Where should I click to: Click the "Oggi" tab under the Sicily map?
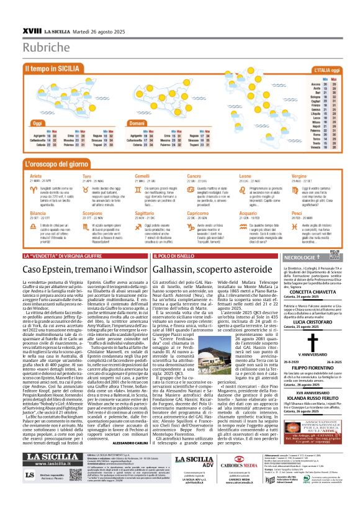point(35,123)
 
